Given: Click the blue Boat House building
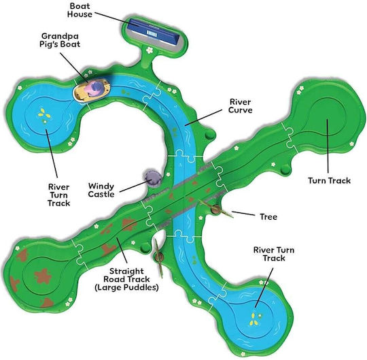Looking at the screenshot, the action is (154, 33).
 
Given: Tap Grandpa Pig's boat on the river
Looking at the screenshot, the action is (92, 91).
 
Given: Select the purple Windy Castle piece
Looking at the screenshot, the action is (152, 178).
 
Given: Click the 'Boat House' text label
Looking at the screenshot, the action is (80, 10).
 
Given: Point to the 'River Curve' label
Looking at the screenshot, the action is (241, 106).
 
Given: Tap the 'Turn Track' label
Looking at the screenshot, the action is (329, 181).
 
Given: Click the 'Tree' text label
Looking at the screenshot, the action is (268, 217).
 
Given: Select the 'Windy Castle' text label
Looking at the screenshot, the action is (101, 190).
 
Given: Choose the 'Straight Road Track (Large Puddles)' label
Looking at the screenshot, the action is (126, 279).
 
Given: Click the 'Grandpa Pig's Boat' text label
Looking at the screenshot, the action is (60, 40).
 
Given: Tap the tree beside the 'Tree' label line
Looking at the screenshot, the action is (216, 208).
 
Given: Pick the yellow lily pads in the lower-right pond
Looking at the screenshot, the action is (254, 319).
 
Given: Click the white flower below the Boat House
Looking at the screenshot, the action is (149, 50).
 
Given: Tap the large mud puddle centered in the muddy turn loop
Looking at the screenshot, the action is (43, 276).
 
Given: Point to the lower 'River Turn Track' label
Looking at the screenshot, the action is (274, 254).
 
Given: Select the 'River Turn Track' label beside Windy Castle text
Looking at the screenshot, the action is (58, 195).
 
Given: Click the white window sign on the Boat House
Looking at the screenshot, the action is (152, 33).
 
